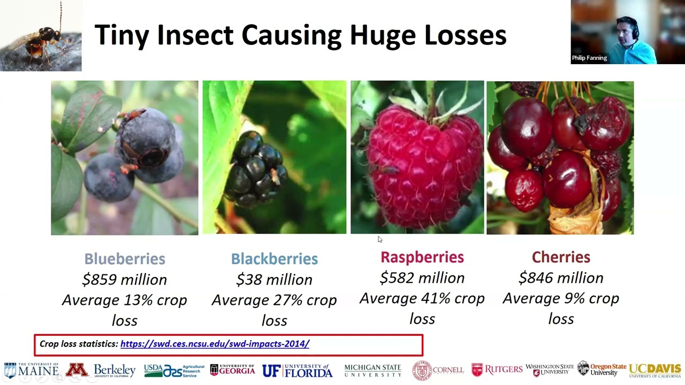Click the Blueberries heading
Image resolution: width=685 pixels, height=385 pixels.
[125, 259]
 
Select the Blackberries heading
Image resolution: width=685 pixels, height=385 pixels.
[275, 259]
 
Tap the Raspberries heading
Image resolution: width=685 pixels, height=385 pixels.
[422, 257]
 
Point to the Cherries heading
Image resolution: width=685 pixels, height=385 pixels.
[561, 257]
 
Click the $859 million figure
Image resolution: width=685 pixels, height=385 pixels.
[125, 280]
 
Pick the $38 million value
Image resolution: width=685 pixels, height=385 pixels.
[275, 280]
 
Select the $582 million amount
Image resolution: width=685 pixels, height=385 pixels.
[422, 278]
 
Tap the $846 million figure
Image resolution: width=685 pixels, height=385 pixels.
[561, 278]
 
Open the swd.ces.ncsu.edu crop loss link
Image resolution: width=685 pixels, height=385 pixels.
[215, 344]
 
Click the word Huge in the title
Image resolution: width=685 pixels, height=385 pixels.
[383, 36]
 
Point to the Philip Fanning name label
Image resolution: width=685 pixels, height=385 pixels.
[589, 58]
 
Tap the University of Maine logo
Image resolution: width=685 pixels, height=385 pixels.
[31, 371]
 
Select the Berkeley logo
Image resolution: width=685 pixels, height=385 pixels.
[115, 371]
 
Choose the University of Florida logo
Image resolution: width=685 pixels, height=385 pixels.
[297, 371]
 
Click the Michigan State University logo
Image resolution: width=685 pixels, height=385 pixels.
[372, 371]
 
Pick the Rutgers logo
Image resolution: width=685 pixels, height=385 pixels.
[497, 369]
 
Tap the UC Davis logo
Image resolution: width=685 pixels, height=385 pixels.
[655, 371]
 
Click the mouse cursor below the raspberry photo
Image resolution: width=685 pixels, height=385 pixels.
[380, 239]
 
